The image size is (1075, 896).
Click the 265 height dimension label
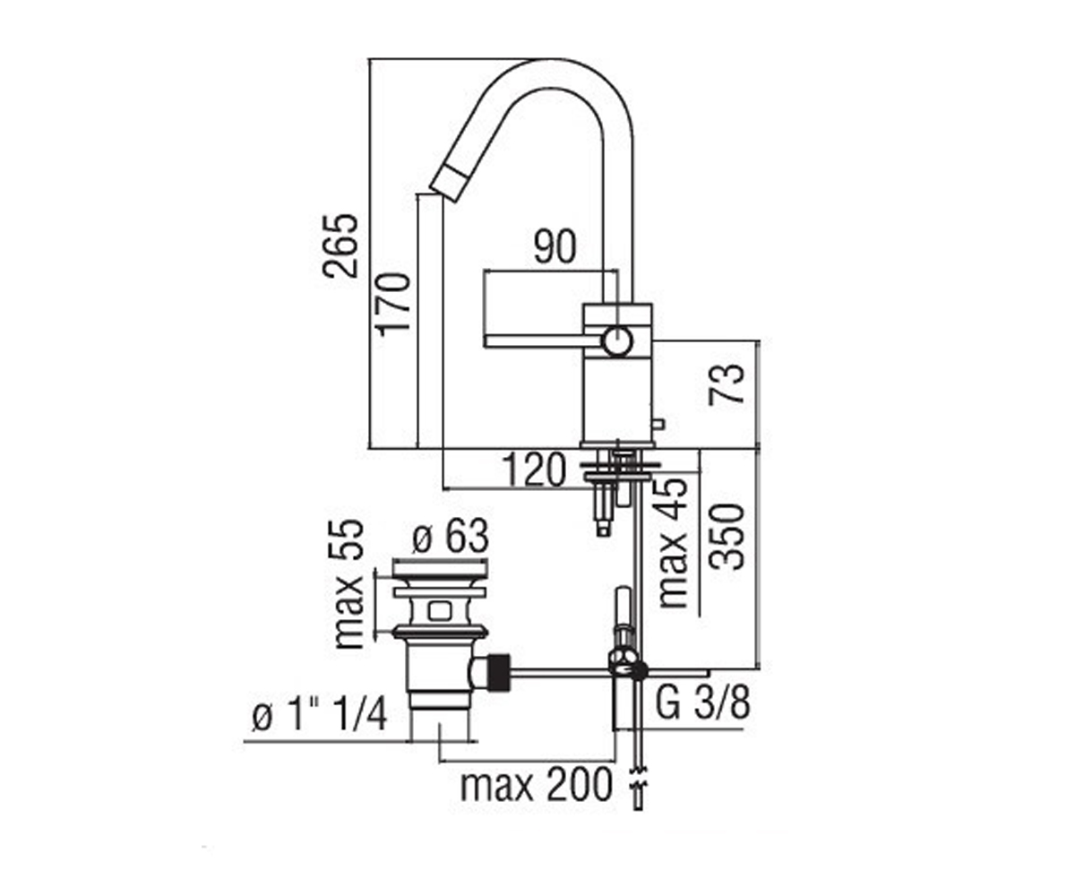(340, 246)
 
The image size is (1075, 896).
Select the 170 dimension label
(395, 304)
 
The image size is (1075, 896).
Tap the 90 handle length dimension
(555, 246)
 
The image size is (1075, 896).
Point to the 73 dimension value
(726, 384)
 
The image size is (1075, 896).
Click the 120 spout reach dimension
(533, 470)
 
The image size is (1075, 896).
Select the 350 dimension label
(727, 537)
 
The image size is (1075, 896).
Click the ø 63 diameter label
(451, 536)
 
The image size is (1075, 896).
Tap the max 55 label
(349, 584)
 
